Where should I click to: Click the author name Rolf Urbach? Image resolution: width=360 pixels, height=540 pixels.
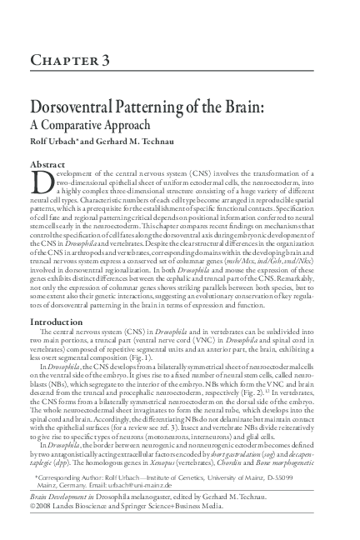click(x=52, y=142)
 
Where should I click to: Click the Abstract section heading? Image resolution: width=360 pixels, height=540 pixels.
click(x=49, y=165)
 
